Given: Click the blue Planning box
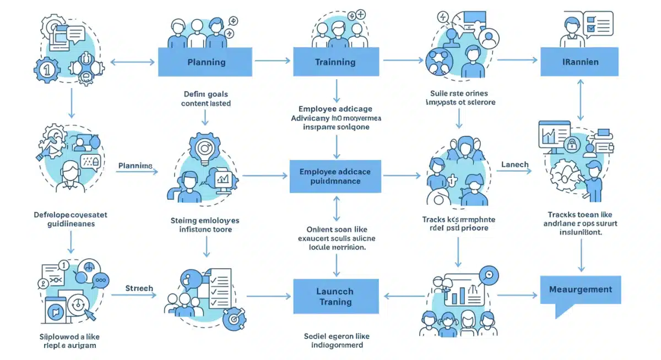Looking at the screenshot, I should coord(206,62).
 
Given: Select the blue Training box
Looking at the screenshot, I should coord(335,62).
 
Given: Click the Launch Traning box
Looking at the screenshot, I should coord(335,296).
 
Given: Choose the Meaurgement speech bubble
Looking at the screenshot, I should coord(580,290).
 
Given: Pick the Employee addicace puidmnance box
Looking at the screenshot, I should coord(335,176).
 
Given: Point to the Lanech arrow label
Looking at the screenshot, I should coord(515,164).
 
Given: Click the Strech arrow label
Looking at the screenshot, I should coord(139,288).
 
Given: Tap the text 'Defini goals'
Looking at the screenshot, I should coord(206,94).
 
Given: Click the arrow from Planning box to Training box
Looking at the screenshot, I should coord(272,61).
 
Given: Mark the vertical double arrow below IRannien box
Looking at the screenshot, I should coord(580,99).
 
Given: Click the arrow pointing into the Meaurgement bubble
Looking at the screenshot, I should coord(517,296).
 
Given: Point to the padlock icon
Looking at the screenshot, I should coord(572,144).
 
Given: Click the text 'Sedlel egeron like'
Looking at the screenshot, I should coord(337,336).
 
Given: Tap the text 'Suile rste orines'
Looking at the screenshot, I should coord(459,94).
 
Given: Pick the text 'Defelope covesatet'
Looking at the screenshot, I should coord(70,215).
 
